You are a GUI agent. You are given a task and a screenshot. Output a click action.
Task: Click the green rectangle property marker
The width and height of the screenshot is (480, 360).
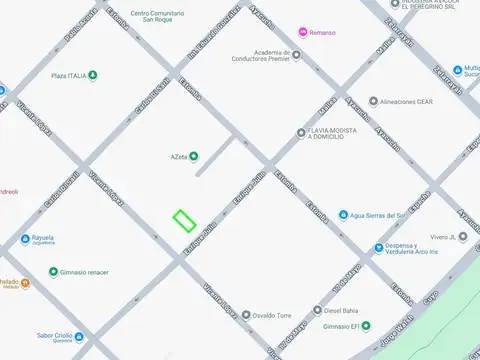pos(184,220)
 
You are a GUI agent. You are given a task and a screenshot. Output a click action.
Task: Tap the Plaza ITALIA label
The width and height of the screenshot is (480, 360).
pos(68,76)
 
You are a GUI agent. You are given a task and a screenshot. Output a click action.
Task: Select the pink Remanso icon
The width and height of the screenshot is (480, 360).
pos(302,33)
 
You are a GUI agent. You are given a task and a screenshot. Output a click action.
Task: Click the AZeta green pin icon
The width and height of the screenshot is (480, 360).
pos(194,155)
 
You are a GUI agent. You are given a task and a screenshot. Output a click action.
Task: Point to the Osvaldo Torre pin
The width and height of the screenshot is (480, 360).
pos(243,314)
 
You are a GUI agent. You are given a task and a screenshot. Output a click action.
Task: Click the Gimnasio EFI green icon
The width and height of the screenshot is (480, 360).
pos(367,326)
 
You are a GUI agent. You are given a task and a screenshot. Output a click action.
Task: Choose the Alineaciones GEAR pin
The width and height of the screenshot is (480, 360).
pos(373,101)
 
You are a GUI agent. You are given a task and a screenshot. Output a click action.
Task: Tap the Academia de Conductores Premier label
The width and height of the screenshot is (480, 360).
pos(258,55)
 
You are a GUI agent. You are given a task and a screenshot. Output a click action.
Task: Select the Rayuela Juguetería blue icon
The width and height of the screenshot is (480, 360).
pos(25,238)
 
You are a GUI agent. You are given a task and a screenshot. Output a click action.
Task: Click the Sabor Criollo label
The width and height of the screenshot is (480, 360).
pos(57,336)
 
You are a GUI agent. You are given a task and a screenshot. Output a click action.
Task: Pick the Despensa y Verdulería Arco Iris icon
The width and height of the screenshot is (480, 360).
pos(378,248)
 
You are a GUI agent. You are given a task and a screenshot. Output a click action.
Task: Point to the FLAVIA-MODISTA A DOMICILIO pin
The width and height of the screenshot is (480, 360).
pos(300,133)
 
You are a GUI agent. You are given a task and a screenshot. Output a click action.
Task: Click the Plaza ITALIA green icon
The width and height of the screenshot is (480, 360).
pos(93,76)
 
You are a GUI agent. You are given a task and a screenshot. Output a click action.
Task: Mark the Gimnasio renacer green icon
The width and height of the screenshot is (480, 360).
pos(53,272)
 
